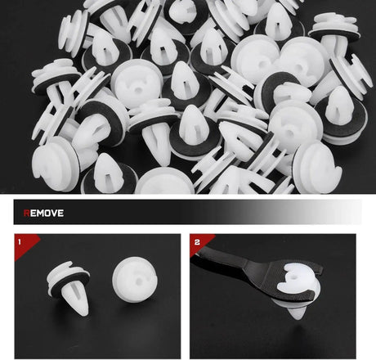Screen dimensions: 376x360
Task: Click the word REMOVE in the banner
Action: (x=43, y=213)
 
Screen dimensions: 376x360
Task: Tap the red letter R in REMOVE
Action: (x=26, y=213)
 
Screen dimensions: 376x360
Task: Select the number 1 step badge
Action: (x=20, y=241)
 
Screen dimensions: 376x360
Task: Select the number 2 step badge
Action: (x=197, y=242)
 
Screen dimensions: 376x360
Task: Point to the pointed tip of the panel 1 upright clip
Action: (x=84, y=314)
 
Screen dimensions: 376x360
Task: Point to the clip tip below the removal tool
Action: (x=297, y=313)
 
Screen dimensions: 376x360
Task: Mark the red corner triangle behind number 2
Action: (x=199, y=243)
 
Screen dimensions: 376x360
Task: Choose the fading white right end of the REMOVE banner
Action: (x=341, y=212)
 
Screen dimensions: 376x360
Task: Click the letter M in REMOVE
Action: (x=39, y=213)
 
